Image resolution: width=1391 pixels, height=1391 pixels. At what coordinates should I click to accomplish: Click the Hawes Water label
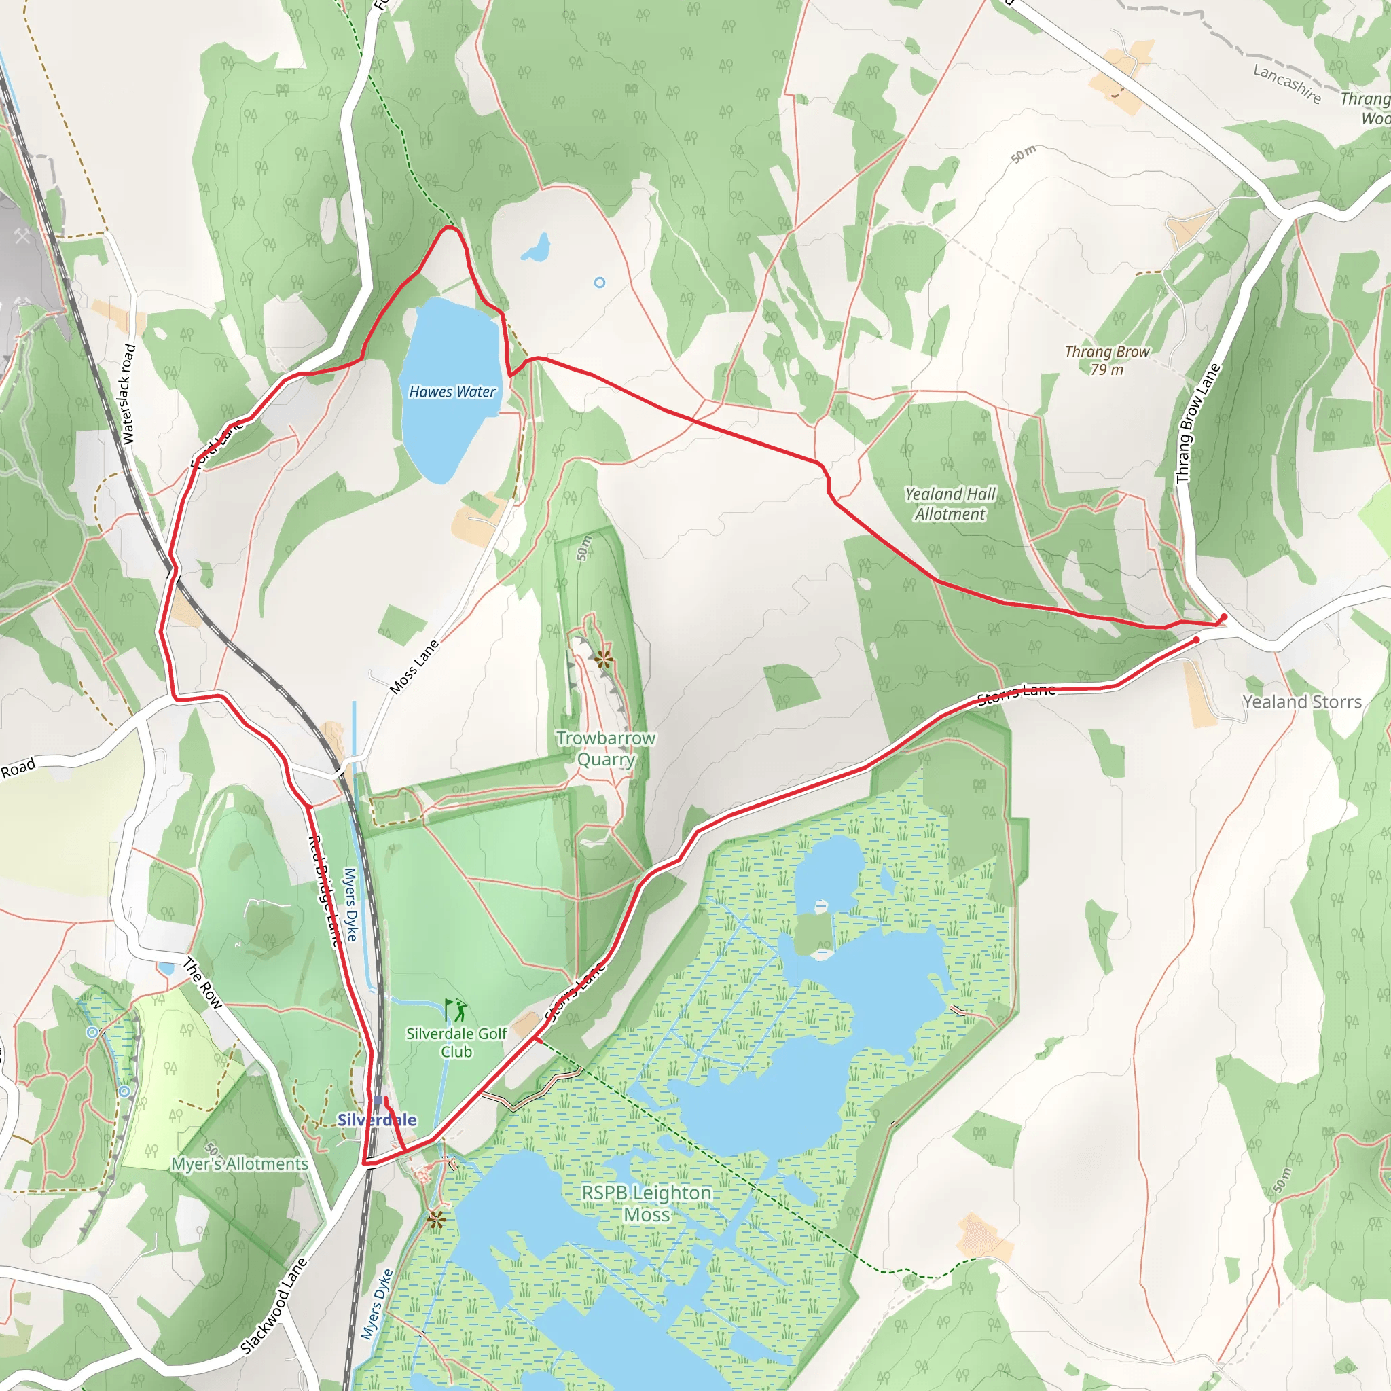(452, 392)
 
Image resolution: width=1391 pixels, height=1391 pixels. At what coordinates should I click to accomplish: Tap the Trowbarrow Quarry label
(605, 748)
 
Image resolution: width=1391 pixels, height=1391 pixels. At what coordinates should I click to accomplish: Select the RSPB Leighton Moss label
(647, 1204)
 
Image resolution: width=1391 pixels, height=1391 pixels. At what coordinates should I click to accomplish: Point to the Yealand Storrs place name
(1302, 702)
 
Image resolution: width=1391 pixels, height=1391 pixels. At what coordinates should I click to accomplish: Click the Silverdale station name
(376, 1120)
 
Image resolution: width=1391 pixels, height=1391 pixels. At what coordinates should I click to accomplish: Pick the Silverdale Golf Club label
(456, 1043)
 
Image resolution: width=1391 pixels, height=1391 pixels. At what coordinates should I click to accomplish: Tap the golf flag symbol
(456, 1009)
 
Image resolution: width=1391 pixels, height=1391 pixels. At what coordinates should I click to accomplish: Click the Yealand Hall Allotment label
(950, 504)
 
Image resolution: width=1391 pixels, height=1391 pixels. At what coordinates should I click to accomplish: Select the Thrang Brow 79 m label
(1107, 361)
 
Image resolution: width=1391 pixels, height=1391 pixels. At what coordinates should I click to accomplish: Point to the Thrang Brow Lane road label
(1198, 423)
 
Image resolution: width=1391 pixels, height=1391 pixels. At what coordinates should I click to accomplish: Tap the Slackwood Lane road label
(274, 1305)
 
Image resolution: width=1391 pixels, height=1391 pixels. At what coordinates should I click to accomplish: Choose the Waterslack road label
(128, 394)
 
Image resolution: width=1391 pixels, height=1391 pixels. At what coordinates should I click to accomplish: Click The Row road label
(202, 983)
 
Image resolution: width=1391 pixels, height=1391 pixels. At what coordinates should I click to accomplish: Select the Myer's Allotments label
(239, 1164)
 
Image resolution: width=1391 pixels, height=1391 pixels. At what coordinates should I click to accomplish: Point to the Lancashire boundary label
(1286, 84)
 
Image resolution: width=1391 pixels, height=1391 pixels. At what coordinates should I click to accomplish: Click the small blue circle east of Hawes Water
(600, 283)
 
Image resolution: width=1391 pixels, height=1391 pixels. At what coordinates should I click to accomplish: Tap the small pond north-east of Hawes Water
(537, 249)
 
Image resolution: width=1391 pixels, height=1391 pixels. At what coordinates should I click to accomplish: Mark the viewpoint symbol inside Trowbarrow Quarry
(603, 658)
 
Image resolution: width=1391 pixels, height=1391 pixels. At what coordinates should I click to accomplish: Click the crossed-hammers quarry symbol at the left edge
(22, 236)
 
